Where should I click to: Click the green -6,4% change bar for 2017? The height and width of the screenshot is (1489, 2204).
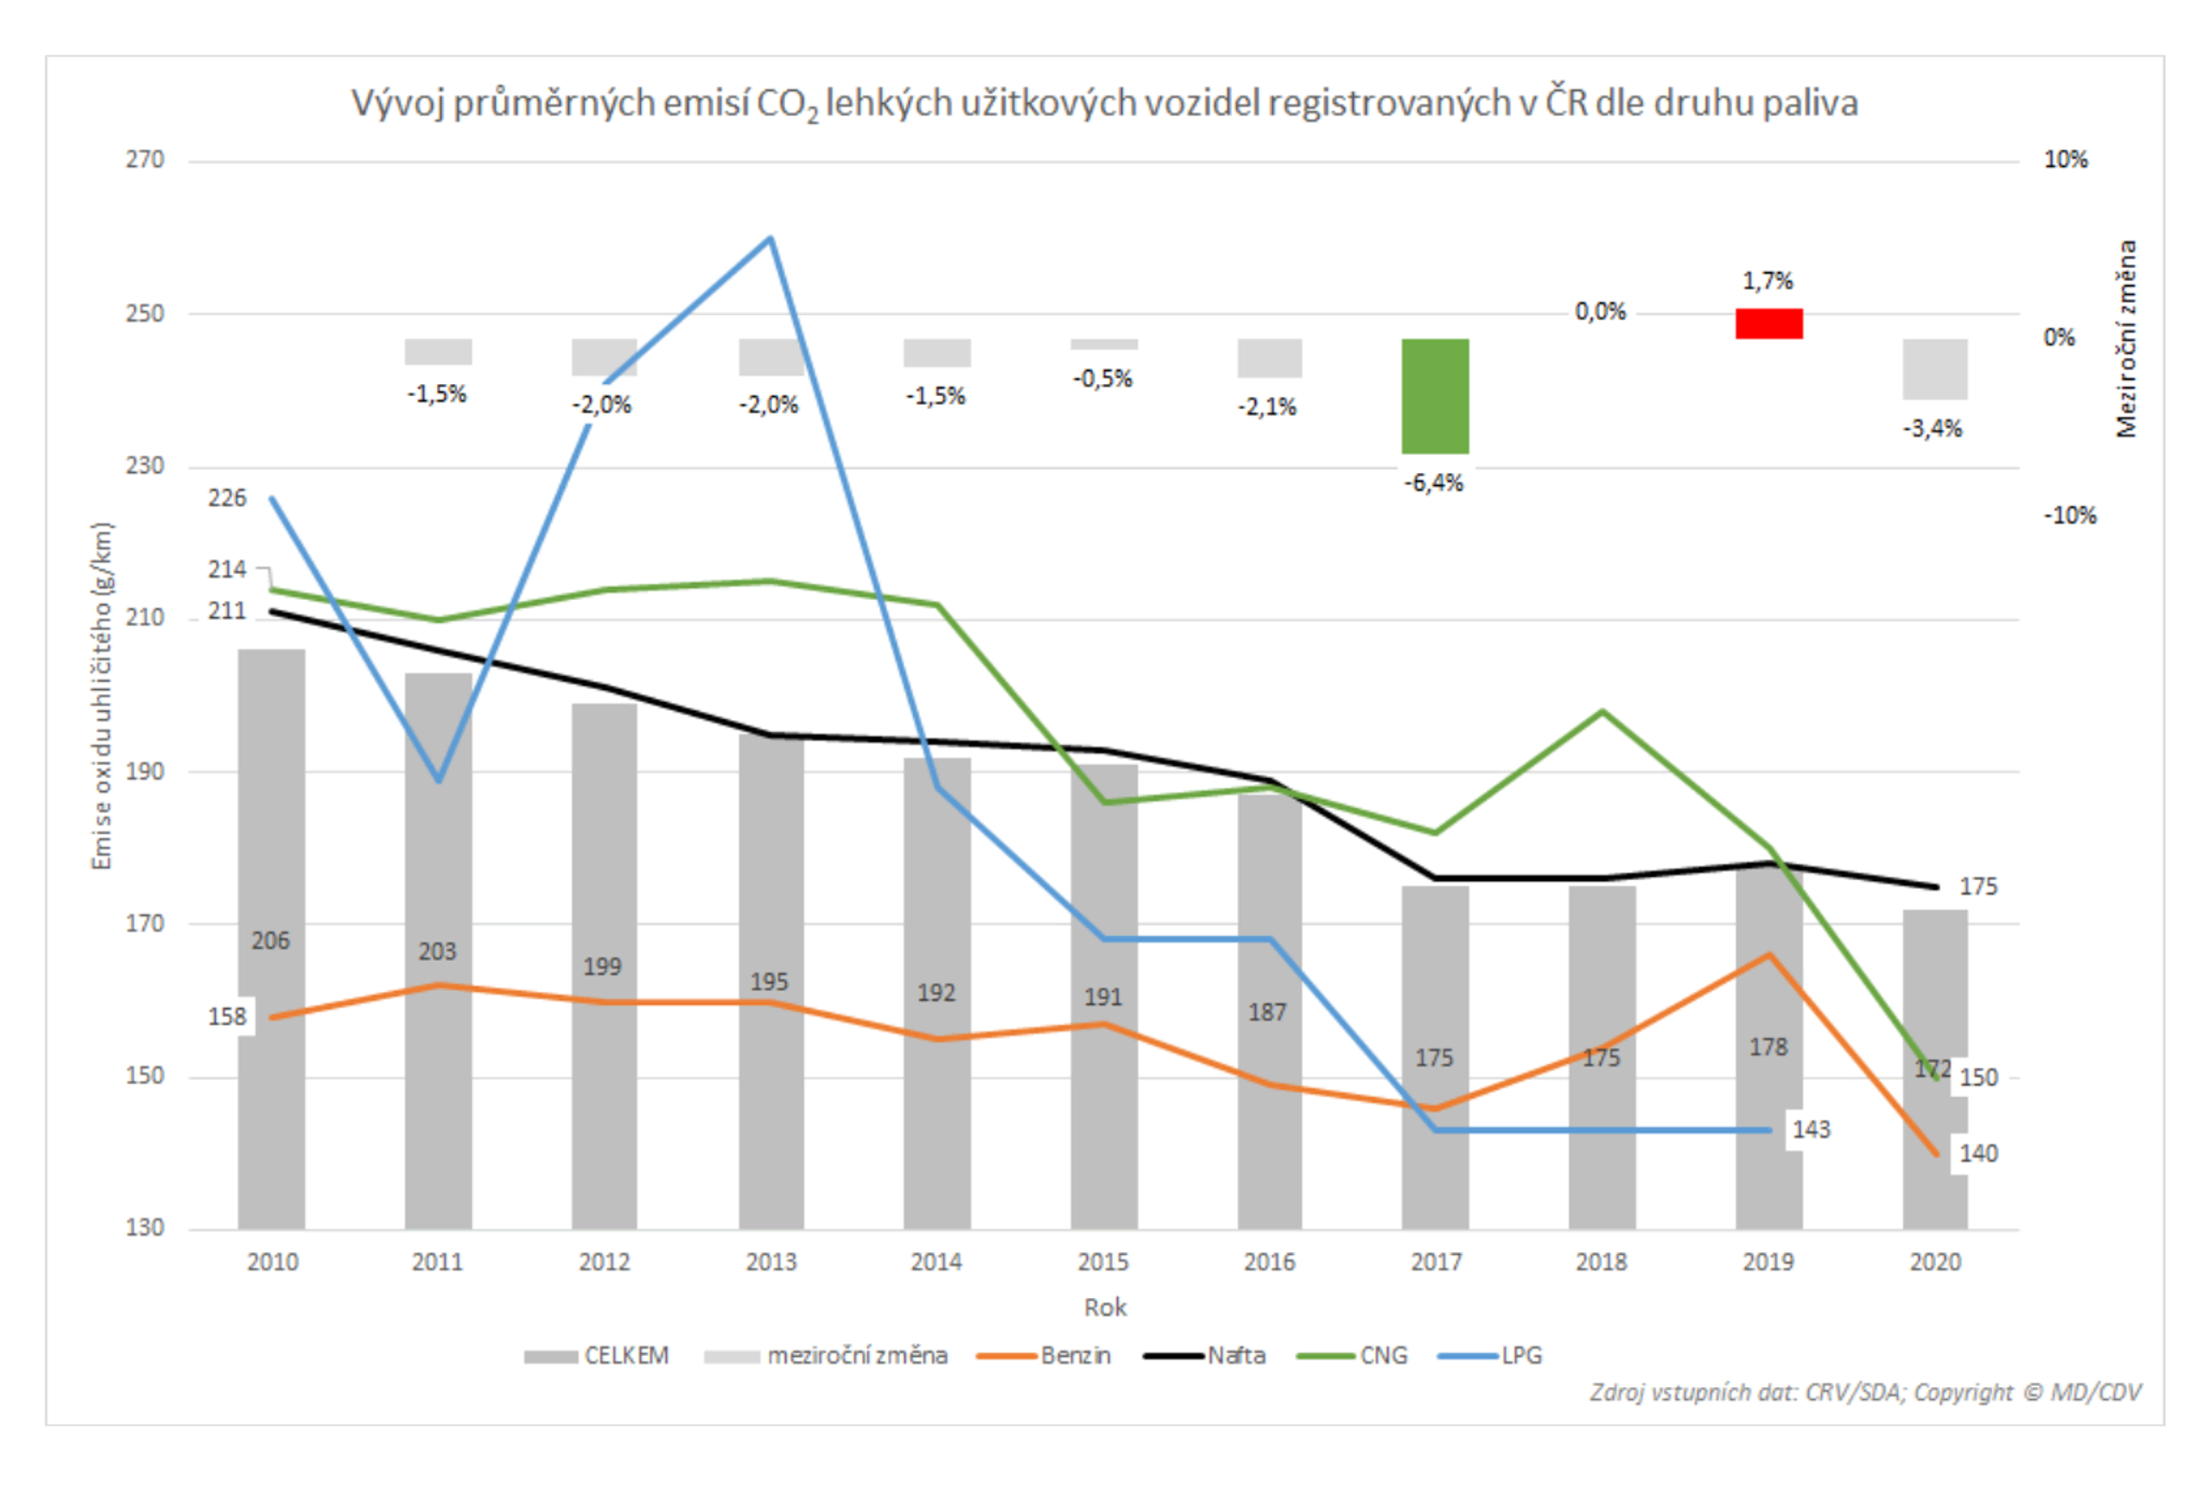tap(1434, 396)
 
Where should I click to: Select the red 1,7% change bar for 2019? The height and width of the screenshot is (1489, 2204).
tap(1769, 323)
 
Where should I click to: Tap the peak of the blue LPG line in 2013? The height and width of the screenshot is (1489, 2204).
tap(771, 239)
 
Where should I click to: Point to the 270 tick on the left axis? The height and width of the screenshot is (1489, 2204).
tap(144, 159)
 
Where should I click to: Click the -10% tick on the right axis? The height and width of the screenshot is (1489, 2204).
tap(2069, 516)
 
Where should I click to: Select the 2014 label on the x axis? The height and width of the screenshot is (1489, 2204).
tap(936, 1262)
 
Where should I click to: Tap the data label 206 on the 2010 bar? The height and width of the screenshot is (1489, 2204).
tap(270, 941)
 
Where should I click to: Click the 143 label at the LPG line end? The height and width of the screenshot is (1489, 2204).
tap(1810, 1130)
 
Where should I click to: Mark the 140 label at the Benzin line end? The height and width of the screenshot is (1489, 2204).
tap(1978, 1154)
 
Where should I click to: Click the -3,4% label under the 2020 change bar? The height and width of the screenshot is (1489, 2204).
tap(1932, 429)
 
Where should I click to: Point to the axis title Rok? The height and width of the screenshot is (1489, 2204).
tap(1105, 1308)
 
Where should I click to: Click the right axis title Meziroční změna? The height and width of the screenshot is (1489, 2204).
tap(2127, 339)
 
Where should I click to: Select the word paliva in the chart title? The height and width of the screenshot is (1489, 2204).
tap(1809, 103)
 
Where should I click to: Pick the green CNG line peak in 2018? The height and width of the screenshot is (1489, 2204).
tap(1602, 711)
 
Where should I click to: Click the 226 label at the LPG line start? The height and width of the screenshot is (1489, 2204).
tap(227, 498)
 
